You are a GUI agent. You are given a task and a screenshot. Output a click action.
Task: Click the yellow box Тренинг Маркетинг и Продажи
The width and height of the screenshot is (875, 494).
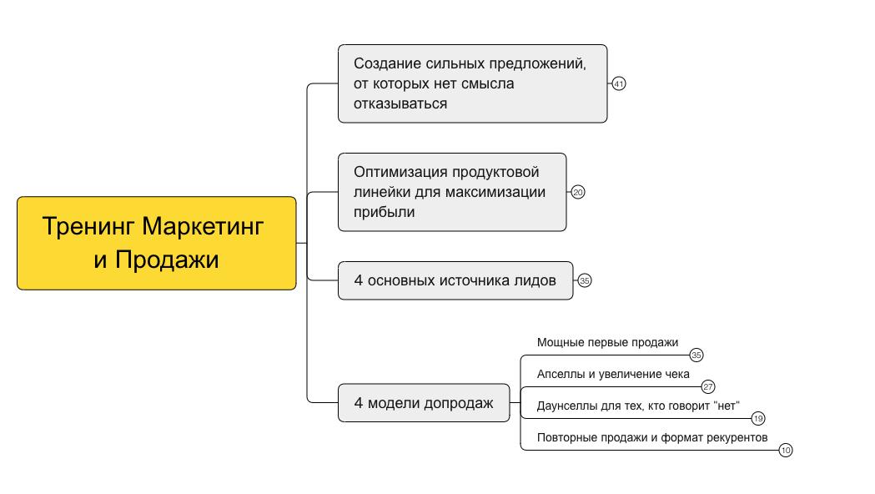(156, 243)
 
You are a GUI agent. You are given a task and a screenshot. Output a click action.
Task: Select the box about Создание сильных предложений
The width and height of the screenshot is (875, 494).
(472, 83)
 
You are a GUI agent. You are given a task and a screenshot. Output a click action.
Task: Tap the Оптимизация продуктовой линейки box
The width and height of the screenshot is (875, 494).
(451, 192)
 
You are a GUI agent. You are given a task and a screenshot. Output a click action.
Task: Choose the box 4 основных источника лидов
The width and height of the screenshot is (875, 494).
(455, 280)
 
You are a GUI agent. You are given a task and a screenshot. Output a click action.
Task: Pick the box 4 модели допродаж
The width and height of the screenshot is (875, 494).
(424, 404)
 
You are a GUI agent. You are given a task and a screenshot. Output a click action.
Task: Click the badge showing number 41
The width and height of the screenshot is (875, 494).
(619, 83)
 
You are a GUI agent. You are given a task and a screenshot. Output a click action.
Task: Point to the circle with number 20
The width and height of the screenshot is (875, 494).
(578, 192)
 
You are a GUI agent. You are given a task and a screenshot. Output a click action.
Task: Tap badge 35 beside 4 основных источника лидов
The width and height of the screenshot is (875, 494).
(585, 281)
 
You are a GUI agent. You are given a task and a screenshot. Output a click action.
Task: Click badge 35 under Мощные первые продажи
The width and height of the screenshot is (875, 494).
(696, 355)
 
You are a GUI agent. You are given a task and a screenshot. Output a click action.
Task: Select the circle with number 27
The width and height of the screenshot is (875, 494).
(708, 387)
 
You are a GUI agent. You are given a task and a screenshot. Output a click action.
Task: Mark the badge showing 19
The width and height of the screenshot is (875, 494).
(758, 419)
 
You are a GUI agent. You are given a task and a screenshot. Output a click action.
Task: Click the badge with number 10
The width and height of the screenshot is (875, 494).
(786, 451)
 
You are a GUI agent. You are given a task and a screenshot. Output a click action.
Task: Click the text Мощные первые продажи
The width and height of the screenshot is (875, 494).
(607, 342)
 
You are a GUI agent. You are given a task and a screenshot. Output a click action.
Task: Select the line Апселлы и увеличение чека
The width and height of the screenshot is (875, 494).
(613, 374)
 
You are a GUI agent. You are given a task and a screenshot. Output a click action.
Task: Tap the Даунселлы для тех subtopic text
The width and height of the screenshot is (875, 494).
(638, 406)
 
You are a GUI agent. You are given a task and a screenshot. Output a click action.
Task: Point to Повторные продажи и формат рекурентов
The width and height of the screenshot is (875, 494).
(652, 437)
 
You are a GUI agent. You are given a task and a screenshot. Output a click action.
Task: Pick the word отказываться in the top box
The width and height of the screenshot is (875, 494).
(400, 104)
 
